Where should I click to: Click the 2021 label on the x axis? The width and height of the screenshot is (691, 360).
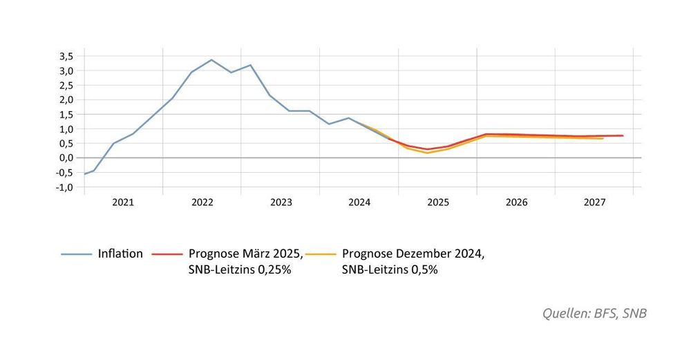click(x=123, y=203)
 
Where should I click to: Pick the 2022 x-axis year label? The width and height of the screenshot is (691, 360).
click(x=202, y=203)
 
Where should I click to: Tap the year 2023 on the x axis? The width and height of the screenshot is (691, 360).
click(x=281, y=203)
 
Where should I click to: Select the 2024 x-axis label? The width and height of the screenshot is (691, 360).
click(x=359, y=203)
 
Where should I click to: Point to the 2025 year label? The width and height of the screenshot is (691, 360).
click(x=437, y=203)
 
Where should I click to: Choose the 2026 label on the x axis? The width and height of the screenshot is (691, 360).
click(x=516, y=203)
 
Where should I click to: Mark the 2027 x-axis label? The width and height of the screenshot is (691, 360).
click(x=595, y=203)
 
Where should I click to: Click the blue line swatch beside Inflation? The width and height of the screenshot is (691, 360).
click(x=76, y=254)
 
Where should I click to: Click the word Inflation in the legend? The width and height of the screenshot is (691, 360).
click(x=120, y=254)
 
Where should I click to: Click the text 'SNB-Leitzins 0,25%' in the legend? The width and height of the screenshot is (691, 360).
click(x=240, y=270)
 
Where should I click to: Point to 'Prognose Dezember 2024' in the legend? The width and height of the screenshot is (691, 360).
click(x=413, y=254)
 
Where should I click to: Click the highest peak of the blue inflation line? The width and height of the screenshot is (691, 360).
click(x=211, y=59)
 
